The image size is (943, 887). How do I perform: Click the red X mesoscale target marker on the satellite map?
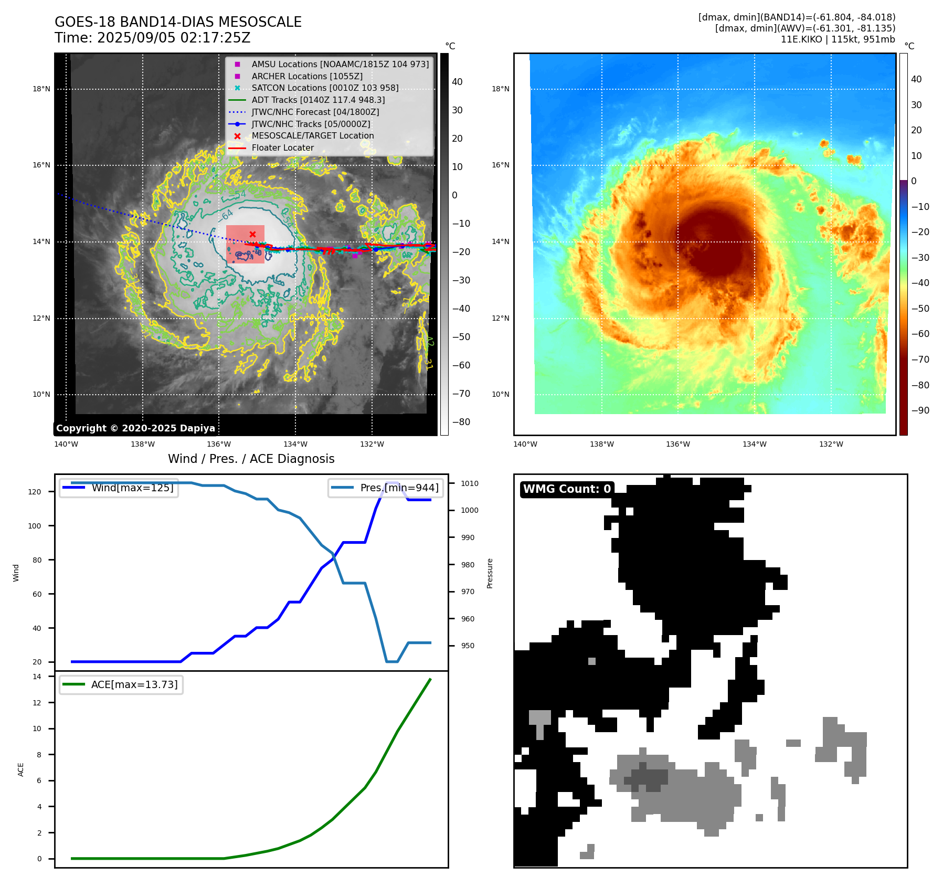tap(252, 234)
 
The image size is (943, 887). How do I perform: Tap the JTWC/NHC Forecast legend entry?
tap(315, 112)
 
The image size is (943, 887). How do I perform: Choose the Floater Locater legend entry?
tap(282, 147)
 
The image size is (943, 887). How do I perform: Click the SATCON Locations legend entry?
tap(325, 88)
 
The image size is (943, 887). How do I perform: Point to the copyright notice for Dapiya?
tap(135, 428)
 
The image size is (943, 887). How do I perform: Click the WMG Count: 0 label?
tap(567, 489)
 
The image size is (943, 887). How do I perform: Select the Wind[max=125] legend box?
tap(119, 488)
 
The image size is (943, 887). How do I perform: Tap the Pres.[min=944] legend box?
tap(386, 488)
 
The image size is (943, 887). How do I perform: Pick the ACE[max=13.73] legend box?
tap(121, 684)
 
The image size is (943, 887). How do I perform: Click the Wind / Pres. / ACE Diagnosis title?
tap(251, 459)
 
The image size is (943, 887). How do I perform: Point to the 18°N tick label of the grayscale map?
tap(41, 89)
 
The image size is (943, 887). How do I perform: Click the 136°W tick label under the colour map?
tap(678, 444)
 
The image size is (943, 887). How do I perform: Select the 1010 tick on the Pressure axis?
tap(470, 483)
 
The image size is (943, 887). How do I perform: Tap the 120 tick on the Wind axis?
tap(35, 492)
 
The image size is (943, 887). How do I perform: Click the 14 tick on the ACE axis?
tap(37, 677)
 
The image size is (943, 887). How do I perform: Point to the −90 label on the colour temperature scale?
tap(920, 410)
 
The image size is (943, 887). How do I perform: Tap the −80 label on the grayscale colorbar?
tap(461, 422)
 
